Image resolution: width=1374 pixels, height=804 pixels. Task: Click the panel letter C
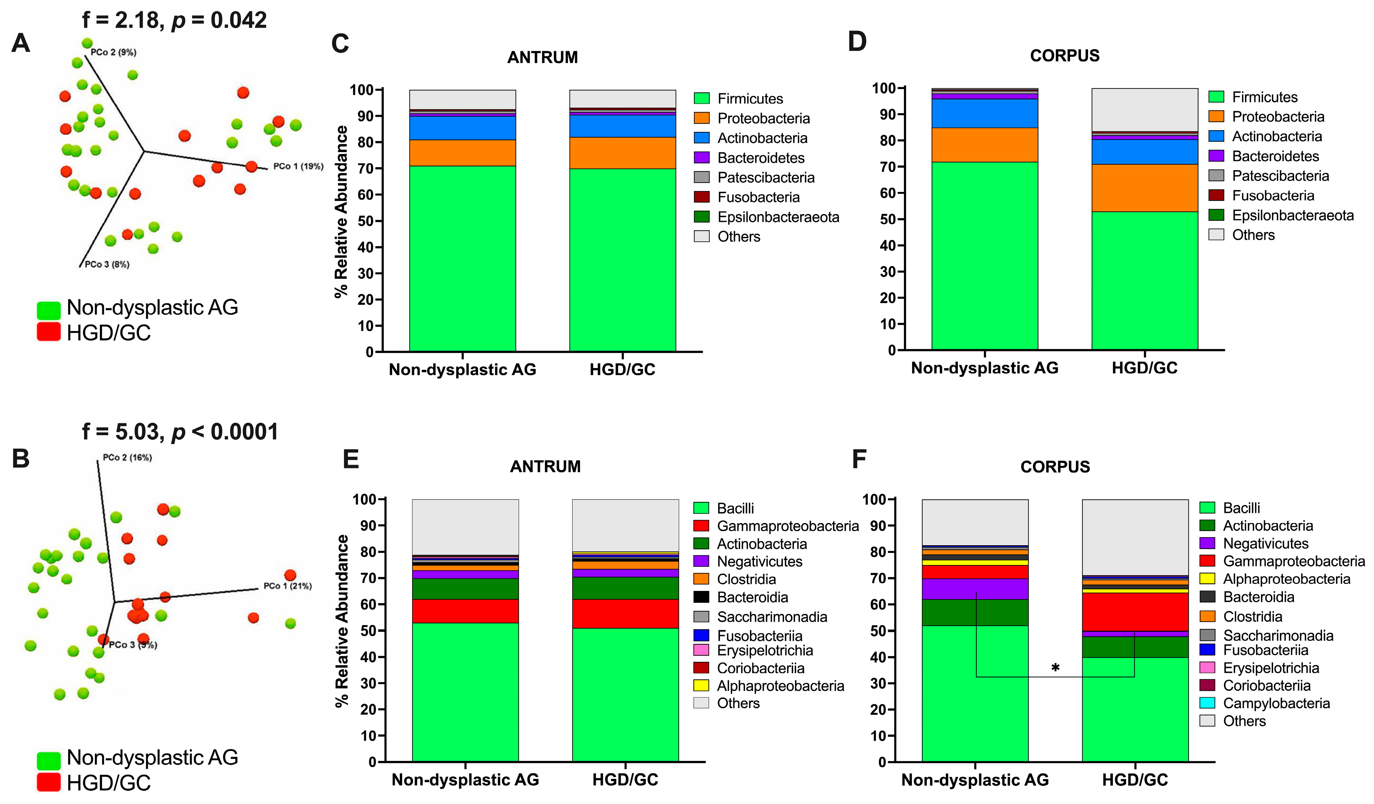pos(340,44)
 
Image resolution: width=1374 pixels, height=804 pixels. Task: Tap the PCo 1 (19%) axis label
pos(298,166)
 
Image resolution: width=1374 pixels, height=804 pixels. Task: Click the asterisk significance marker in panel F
pos(1055,668)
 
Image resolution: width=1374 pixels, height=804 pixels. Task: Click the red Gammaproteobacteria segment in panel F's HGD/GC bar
pos(1135,611)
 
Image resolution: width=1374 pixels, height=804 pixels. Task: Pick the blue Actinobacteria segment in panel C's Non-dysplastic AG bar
pos(463,128)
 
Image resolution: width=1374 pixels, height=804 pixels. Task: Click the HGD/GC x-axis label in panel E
pos(625,780)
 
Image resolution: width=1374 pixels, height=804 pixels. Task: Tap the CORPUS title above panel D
pos(1064,56)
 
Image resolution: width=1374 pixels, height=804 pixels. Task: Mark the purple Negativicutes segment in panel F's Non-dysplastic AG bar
pos(975,589)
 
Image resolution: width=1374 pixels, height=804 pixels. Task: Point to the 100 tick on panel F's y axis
pos(874,499)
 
